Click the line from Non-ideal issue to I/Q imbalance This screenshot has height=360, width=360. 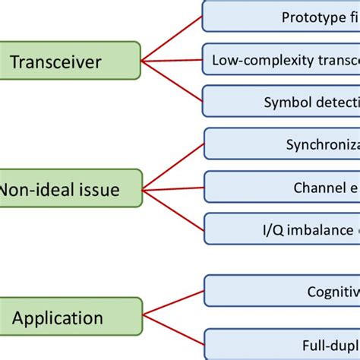click(173, 208)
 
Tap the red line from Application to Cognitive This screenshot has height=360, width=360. click(173, 303)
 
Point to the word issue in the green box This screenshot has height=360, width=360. click(96, 189)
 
